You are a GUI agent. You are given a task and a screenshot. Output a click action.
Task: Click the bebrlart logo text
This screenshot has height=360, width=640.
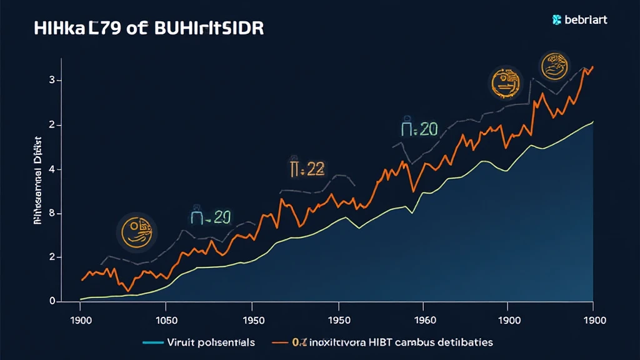[x=586, y=20]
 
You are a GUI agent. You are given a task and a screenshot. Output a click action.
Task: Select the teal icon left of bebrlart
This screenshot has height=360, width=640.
[x=557, y=20]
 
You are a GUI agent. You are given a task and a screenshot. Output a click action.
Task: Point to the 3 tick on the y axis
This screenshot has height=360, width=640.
[x=52, y=81]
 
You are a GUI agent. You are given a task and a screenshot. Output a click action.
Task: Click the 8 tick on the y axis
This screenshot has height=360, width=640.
[x=52, y=214]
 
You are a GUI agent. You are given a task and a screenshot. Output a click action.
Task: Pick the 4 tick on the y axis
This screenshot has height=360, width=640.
[x=52, y=169]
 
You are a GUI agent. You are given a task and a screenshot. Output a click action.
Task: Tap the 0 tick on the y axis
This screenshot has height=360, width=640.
[x=52, y=302]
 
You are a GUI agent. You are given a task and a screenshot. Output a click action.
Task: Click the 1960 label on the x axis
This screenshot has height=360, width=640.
[x=424, y=320]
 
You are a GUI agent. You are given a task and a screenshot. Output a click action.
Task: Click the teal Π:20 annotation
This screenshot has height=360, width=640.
[x=419, y=129]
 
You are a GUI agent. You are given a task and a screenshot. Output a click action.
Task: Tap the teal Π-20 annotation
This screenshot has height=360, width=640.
[x=210, y=217]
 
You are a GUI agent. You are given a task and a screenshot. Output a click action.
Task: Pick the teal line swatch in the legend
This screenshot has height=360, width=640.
[x=152, y=342]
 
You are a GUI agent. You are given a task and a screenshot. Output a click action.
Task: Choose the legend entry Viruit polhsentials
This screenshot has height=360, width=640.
[x=212, y=342]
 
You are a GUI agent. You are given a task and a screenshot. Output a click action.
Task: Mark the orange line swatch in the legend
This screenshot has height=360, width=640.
[x=282, y=342]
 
